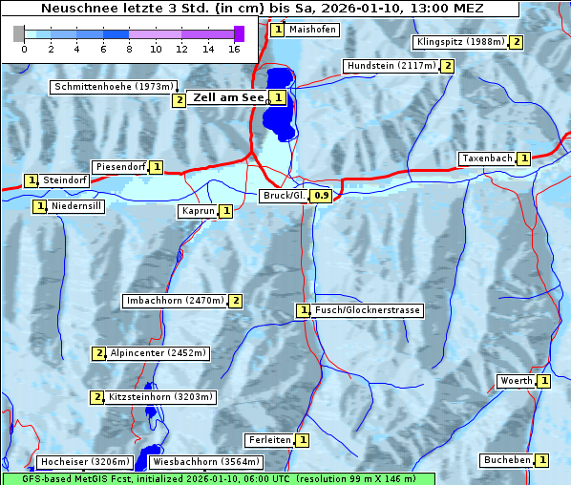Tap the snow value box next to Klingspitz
[x=517, y=42]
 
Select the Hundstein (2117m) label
[x=391, y=66]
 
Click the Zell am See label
[x=228, y=97]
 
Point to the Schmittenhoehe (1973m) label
[x=113, y=87]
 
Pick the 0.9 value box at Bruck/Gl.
[x=322, y=196]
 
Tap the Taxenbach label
[x=486, y=158]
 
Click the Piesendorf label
[x=119, y=167]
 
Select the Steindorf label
[x=65, y=180]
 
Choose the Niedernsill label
[x=76, y=206]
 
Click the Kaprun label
[x=197, y=211]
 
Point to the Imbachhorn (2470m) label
[x=175, y=301]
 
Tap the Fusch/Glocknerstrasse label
[x=368, y=310]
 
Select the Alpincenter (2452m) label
[x=158, y=353]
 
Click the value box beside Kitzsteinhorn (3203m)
[x=96, y=397]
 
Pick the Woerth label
[x=516, y=381]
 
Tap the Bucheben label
[x=506, y=460]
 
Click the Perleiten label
[x=268, y=440]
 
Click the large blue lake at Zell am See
[x=278, y=110]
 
